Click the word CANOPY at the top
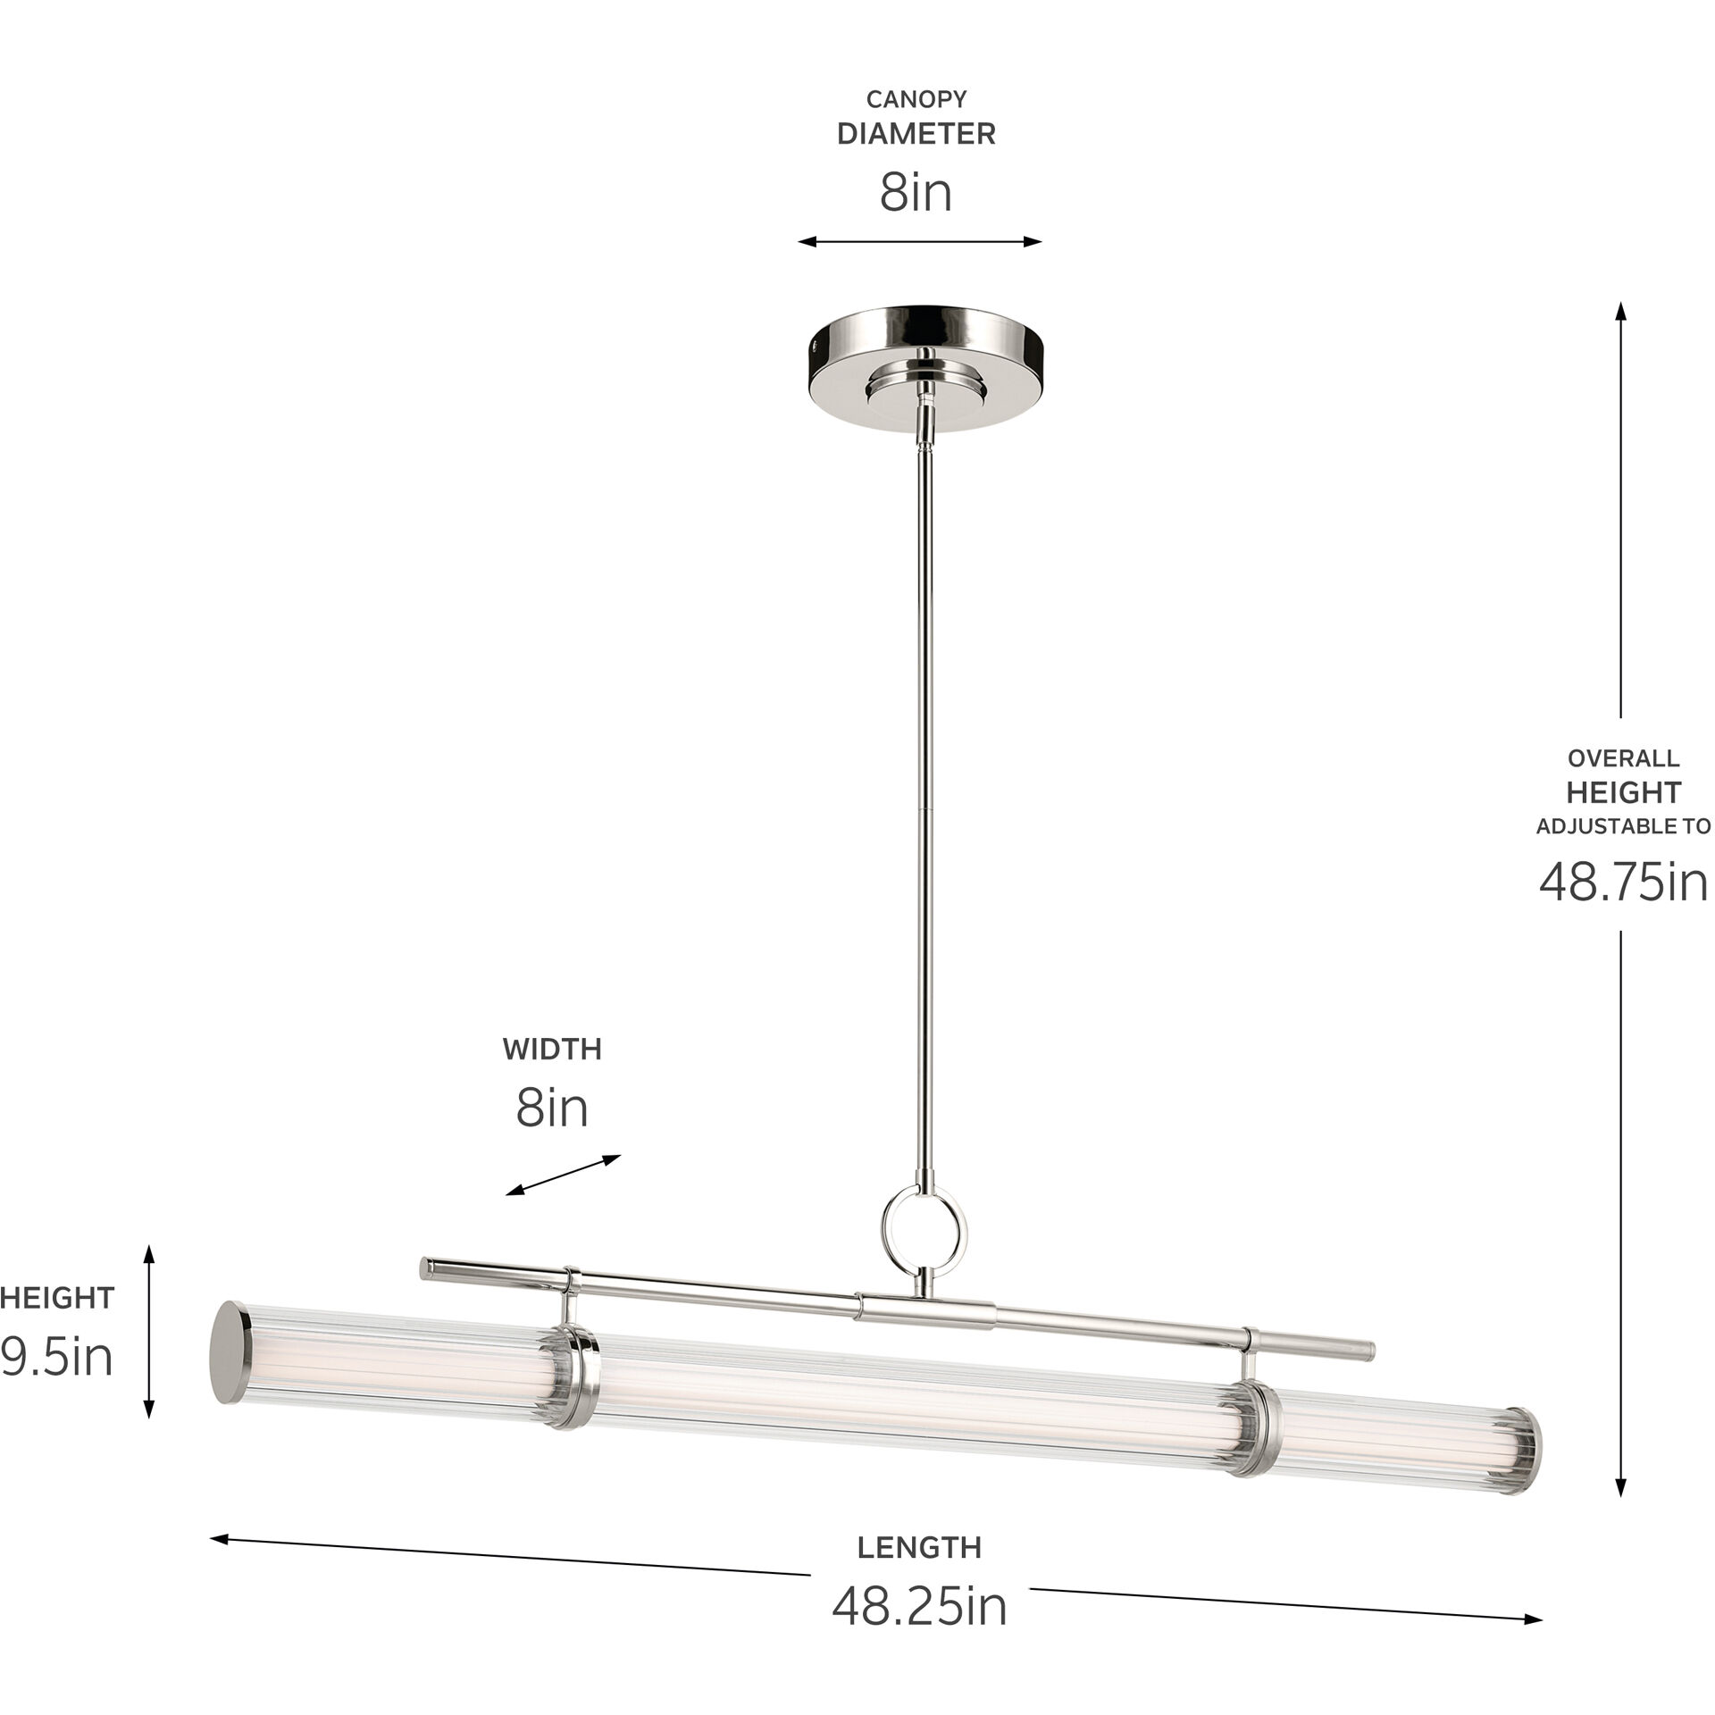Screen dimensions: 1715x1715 (916, 99)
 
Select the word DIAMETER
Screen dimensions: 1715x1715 (916, 134)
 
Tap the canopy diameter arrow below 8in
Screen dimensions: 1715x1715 (920, 241)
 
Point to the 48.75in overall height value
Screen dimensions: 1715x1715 (1622, 883)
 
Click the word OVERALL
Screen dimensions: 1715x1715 (1623, 758)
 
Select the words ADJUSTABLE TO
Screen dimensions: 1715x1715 (1623, 826)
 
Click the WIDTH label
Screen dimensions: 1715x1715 (552, 1049)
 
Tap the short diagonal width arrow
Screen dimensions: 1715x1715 (563, 1175)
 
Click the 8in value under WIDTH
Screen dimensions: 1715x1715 (552, 1108)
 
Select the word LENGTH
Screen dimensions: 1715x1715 (919, 1547)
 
